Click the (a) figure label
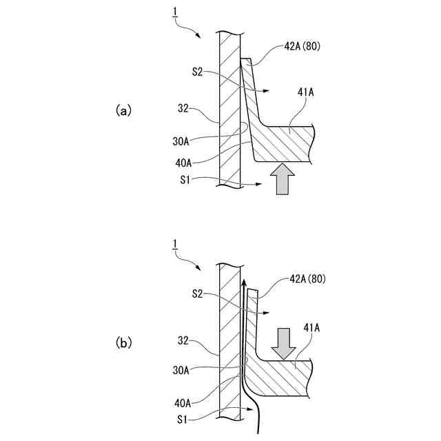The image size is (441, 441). (123, 110)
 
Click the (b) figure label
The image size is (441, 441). (123, 342)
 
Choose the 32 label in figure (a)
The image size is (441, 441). (183, 107)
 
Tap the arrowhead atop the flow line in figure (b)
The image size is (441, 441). (243, 282)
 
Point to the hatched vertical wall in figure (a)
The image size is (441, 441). (228, 110)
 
